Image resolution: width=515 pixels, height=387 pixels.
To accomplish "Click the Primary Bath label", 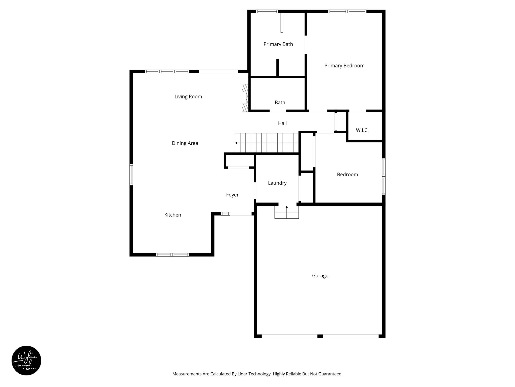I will pyautogui.click(x=278, y=44).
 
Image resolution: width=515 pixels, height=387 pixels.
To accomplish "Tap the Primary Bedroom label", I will pyautogui.click(x=344, y=66).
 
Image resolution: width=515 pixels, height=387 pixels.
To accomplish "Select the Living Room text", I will pyautogui.click(x=188, y=96).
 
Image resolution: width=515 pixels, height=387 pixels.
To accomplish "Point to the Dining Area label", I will pyautogui.click(x=185, y=143).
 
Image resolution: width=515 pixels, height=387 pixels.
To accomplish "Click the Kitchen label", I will pyautogui.click(x=173, y=215).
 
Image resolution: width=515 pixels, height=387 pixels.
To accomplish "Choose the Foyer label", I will pyautogui.click(x=232, y=195).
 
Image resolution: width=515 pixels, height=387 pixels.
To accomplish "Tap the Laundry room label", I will pyautogui.click(x=277, y=183).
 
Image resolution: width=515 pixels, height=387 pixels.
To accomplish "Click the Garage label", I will pyautogui.click(x=320, y=276).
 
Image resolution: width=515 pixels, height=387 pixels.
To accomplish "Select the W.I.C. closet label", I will pyautogui.click(x=362, y=130).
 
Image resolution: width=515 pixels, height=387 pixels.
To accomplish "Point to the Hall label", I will pyautogui.click(x=282, y=123).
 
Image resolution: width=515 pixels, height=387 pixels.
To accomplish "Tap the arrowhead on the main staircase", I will pyautogui.click(x=236, y=143).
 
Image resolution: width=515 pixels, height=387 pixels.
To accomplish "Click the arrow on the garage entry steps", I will pyautogui.click(x=286, y=207).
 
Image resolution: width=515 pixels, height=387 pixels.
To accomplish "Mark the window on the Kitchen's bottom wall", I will pyautogui.click(x=172, y=255).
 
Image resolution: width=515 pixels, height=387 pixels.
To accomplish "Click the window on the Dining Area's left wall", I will pyautogui.click(x=131, y=175).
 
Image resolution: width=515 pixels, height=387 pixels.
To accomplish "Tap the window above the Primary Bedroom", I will pyautogui.click(x=347, y=11).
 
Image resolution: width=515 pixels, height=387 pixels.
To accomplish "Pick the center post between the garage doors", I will pyautogui.click(x=320, y=336).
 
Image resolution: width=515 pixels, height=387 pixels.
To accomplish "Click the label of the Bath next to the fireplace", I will pyautogui.click(x=280, y=103).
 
